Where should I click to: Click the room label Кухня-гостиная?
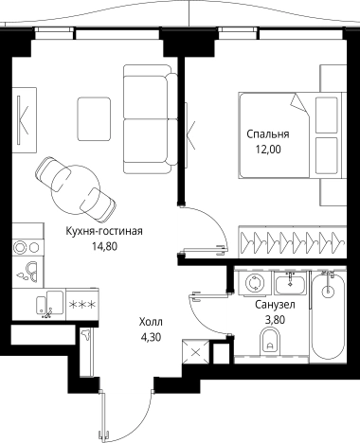click(x=103, y=229)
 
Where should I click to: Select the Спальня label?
click(x=267, y=133)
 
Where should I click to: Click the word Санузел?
click(x=275, y=305)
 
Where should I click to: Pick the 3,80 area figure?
click(x=275, y=320)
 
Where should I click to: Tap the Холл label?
click(x=150, y=321)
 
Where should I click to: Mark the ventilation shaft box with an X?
click(x=195, y=353)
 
